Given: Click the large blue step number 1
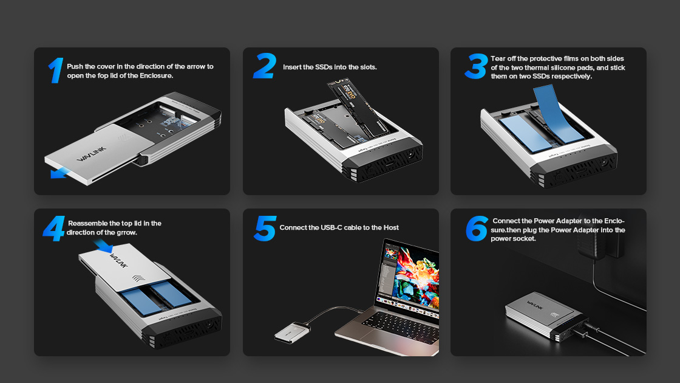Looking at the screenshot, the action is pos(56,71).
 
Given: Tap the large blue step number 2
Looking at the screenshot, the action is pos(265,66).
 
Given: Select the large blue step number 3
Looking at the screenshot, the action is pos(476,66).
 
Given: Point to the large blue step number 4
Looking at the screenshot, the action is pos(54,229).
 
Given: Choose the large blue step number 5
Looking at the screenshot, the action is pos(265,229).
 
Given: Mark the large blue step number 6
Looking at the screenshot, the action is pos(477,229).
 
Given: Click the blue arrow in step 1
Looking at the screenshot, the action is pos(58,174).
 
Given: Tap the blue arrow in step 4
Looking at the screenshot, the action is pos(103,246).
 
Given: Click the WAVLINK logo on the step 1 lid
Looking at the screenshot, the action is pos(92,154).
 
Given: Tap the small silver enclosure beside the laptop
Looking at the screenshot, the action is pos(292,332).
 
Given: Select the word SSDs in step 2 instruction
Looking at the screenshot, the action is pos(324,67).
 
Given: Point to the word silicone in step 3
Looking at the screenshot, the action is pos(566,67).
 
